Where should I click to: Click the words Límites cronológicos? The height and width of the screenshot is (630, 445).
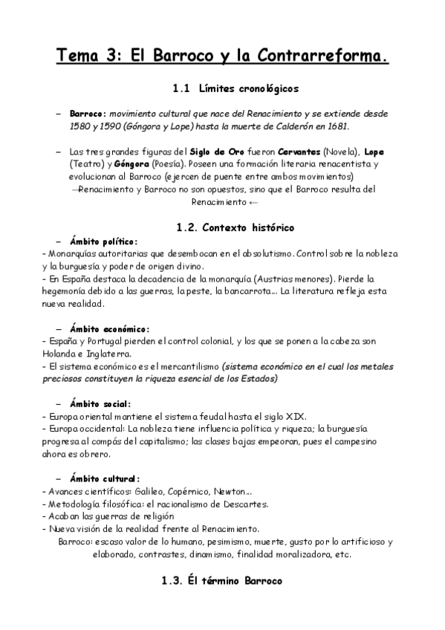pos(248,89)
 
